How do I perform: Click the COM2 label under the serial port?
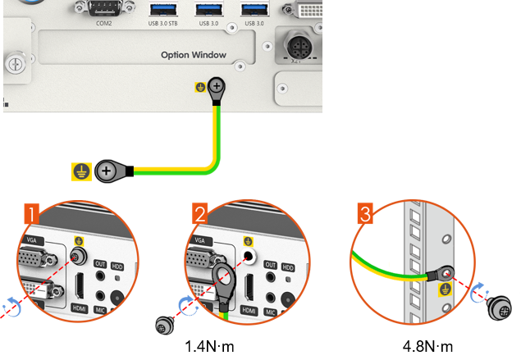[x=103, y=23]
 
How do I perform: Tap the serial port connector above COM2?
[x=103, y=7]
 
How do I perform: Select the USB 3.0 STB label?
[x=162, y=23]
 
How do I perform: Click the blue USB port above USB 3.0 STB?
[x=162, y=8]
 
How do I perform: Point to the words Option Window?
[x=193, y=55]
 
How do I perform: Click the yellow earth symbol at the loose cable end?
[x=80, y=171]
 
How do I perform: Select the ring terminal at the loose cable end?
[x=107, y=171]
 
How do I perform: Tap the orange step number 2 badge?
[x=200, y=215]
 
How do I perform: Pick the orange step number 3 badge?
[x=366, y=215]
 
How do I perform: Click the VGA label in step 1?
[x=33, y=240]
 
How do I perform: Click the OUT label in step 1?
[x=101, y=263]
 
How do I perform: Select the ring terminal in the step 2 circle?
[x=222, y=281]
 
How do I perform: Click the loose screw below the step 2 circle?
[x=162, y=326]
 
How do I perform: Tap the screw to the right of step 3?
[x=499, y=308]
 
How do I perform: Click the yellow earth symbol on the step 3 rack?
[x=446, y=289]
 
